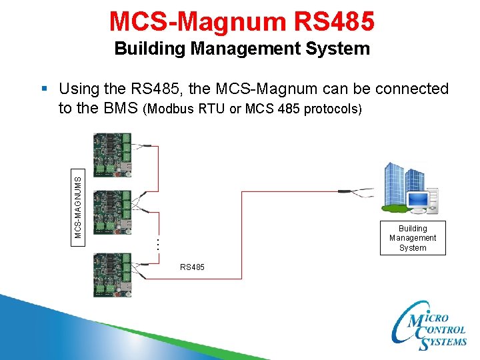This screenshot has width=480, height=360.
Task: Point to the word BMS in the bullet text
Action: pyautogui.click(x=121, y=108)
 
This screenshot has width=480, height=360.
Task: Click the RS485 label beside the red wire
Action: pyautogui.click(x=192, y=267)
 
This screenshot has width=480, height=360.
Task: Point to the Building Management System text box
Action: pyautogui.click(x=413, y=238)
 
